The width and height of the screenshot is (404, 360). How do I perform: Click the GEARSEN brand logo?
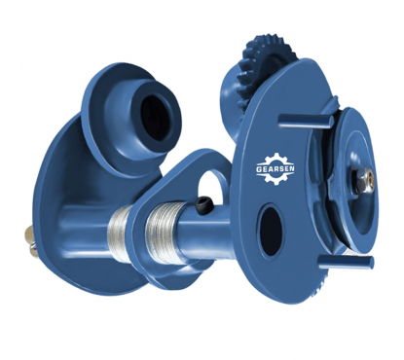click(x=275, y=169)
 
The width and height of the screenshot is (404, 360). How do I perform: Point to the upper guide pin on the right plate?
click(x=306, y=122)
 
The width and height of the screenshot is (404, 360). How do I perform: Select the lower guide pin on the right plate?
click(x=346, y=262)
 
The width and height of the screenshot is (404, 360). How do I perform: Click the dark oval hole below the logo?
click(x=270, y=230)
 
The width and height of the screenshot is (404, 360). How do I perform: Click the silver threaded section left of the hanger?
click(x=119, y=233)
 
